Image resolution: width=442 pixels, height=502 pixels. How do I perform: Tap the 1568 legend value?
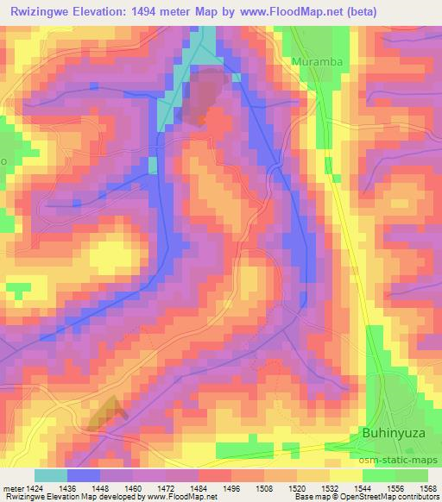(x=428, y=487)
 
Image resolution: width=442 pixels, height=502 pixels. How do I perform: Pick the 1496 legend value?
(x=231, y=487)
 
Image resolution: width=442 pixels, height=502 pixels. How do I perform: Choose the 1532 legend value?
(x=330, y=487)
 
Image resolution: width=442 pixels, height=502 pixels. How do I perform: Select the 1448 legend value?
(x=100, y=487)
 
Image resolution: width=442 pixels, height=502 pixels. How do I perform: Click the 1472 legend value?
(x=166, y=487)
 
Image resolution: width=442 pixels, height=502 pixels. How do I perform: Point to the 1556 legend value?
(x=395, y=487)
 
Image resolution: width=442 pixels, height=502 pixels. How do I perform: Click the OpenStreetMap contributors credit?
(x=390, y=498)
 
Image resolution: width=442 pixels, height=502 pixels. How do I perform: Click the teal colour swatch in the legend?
(x=51, y=475)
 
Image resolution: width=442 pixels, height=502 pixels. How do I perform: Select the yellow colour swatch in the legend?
(x=346, y=475)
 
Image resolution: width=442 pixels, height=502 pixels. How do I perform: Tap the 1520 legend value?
(x=297, y=487)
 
